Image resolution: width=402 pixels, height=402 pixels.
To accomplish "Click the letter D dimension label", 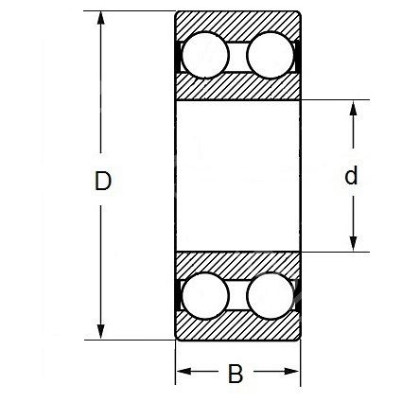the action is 103,181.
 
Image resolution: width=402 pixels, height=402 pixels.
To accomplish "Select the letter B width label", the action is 236,374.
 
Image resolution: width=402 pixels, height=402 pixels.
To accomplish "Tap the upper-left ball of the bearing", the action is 205,55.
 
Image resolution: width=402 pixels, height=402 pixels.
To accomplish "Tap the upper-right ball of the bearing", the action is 270,55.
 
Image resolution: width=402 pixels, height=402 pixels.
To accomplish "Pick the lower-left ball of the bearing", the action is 205,296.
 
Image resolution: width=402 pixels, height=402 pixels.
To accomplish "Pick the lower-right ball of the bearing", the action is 270,296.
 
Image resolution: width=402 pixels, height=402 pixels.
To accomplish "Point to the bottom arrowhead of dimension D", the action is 100,332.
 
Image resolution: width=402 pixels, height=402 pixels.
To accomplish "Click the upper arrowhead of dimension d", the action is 354,108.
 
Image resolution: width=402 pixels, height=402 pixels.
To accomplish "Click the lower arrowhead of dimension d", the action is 354,244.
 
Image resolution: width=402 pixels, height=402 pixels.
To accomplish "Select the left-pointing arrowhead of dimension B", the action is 184,372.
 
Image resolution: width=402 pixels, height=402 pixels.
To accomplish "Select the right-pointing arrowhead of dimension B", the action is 291,372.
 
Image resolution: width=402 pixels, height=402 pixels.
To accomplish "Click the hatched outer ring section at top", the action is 237,22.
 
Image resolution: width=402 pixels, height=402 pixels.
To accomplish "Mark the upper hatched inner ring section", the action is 237,88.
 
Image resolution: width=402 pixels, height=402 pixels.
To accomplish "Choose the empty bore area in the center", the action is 237,176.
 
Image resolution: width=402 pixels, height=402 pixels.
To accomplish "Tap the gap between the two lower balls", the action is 237,295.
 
